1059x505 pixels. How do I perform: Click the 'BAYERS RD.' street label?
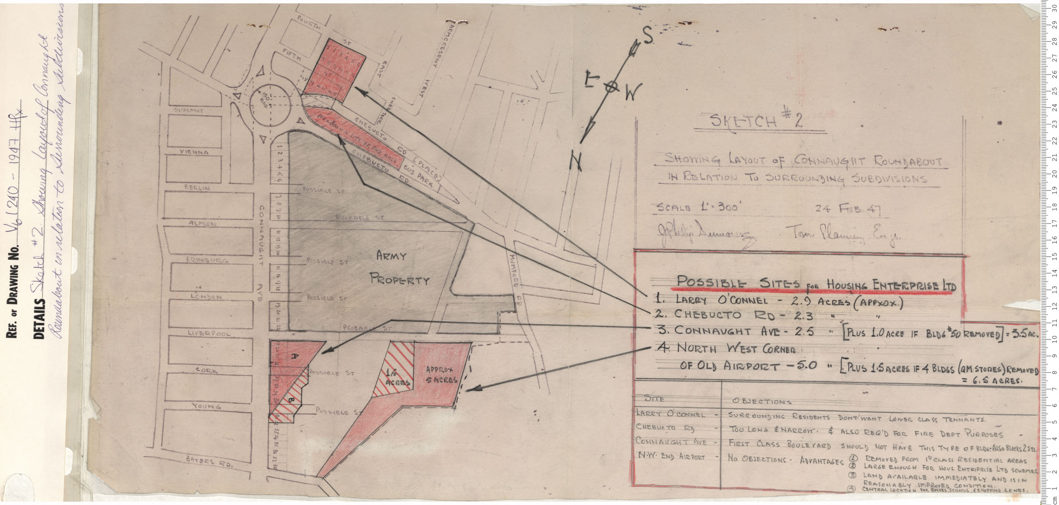click(209, 462)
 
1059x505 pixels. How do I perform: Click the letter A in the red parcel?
click(295, 357)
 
